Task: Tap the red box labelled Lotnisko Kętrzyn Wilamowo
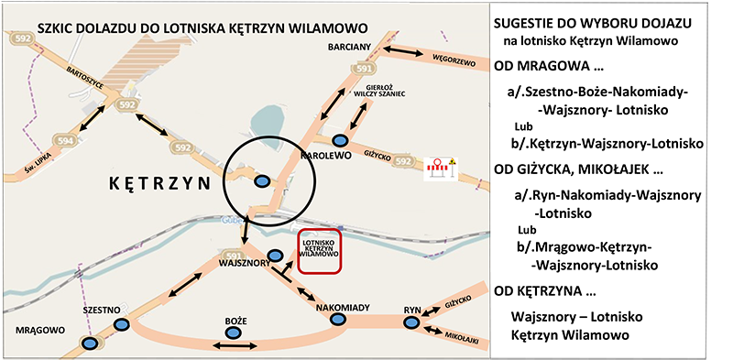[x=318, y=248]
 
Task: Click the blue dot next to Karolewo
[x=340, y=140]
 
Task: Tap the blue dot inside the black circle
[x=262, y=181]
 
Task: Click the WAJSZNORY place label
[x=243, y=262]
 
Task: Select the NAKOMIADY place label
[x=343, y=308]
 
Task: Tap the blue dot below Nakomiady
[x=337, y=321]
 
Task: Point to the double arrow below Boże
[x=235, y=345]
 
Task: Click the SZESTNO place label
[x=102, y=311]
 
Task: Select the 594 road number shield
[x=65, y=140]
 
